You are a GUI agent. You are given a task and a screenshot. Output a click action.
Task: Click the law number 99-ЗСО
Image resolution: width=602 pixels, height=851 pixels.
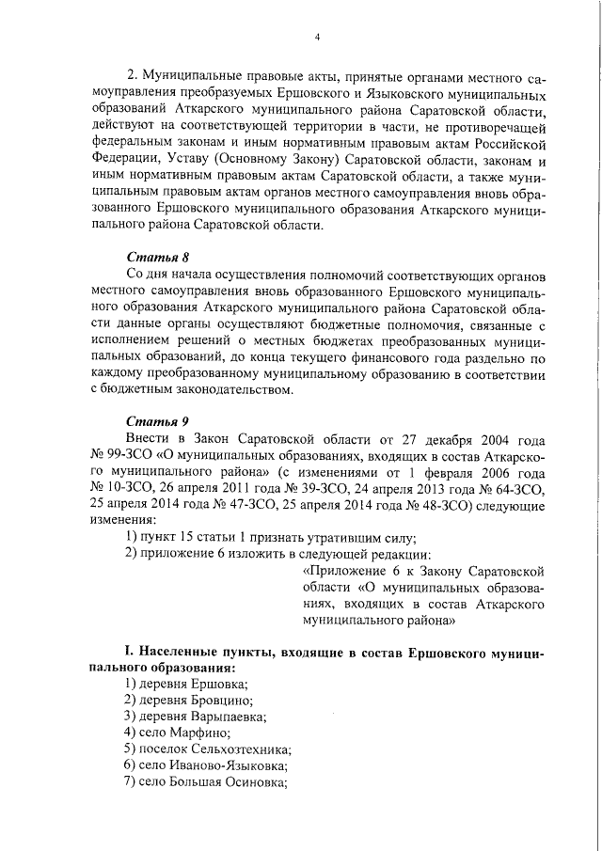(x=127, y=455)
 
